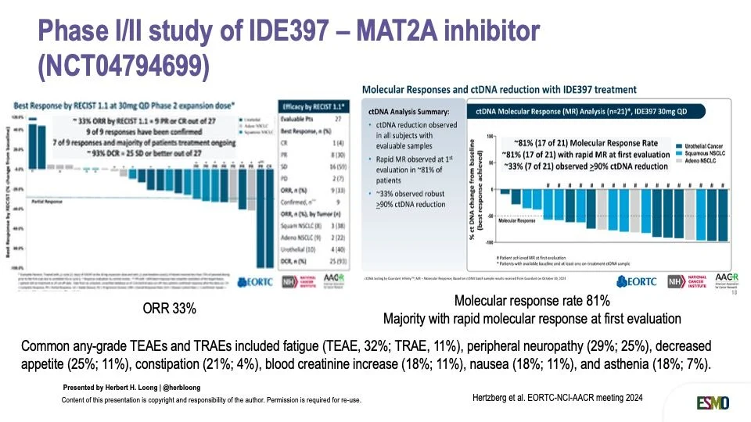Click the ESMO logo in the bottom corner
[713, 402]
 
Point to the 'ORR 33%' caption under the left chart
[169, 309]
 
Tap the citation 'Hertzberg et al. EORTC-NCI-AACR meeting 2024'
[558, 398]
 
